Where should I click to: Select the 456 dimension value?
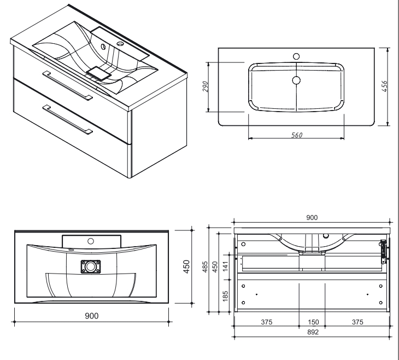coord(384,86)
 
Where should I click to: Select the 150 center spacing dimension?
coord(312,322)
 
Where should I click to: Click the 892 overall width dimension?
coord(312,331)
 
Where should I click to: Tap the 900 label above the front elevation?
coord(312,218)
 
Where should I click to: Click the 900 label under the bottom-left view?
coord(91,316)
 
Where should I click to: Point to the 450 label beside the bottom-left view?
coord(186,268)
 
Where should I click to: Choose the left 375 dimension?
coord(266,322)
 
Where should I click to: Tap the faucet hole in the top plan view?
coord(297,56)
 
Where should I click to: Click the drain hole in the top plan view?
coord(297,80)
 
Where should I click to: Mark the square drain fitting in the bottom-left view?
coord(91,268)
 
